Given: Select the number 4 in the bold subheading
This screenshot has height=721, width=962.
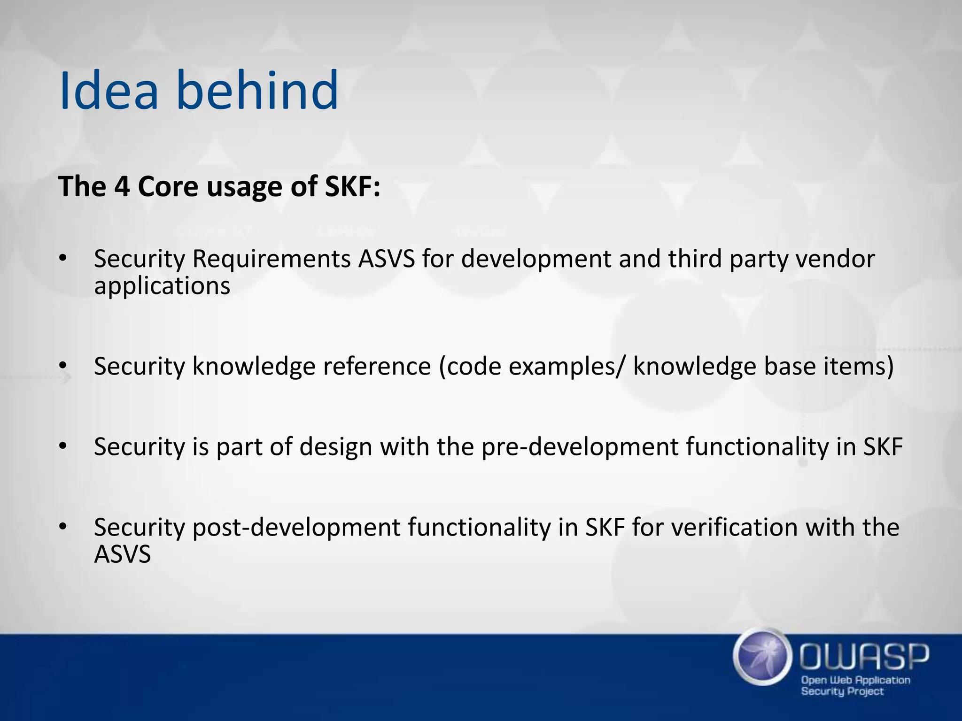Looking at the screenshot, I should pos(122,186).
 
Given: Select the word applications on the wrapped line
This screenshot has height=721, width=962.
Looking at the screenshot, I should pos(162,286).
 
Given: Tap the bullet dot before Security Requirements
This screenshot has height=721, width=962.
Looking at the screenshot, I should pos(63,259).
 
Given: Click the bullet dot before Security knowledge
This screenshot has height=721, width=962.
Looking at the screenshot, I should pos(63,366).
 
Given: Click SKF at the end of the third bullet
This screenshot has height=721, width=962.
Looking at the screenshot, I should pos(883,447).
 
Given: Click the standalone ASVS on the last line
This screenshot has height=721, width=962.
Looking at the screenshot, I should pos(122,554).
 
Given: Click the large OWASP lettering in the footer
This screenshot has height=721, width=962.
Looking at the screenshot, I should pos(864,657).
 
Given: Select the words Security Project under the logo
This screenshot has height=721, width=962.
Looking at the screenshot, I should pos(842,691).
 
